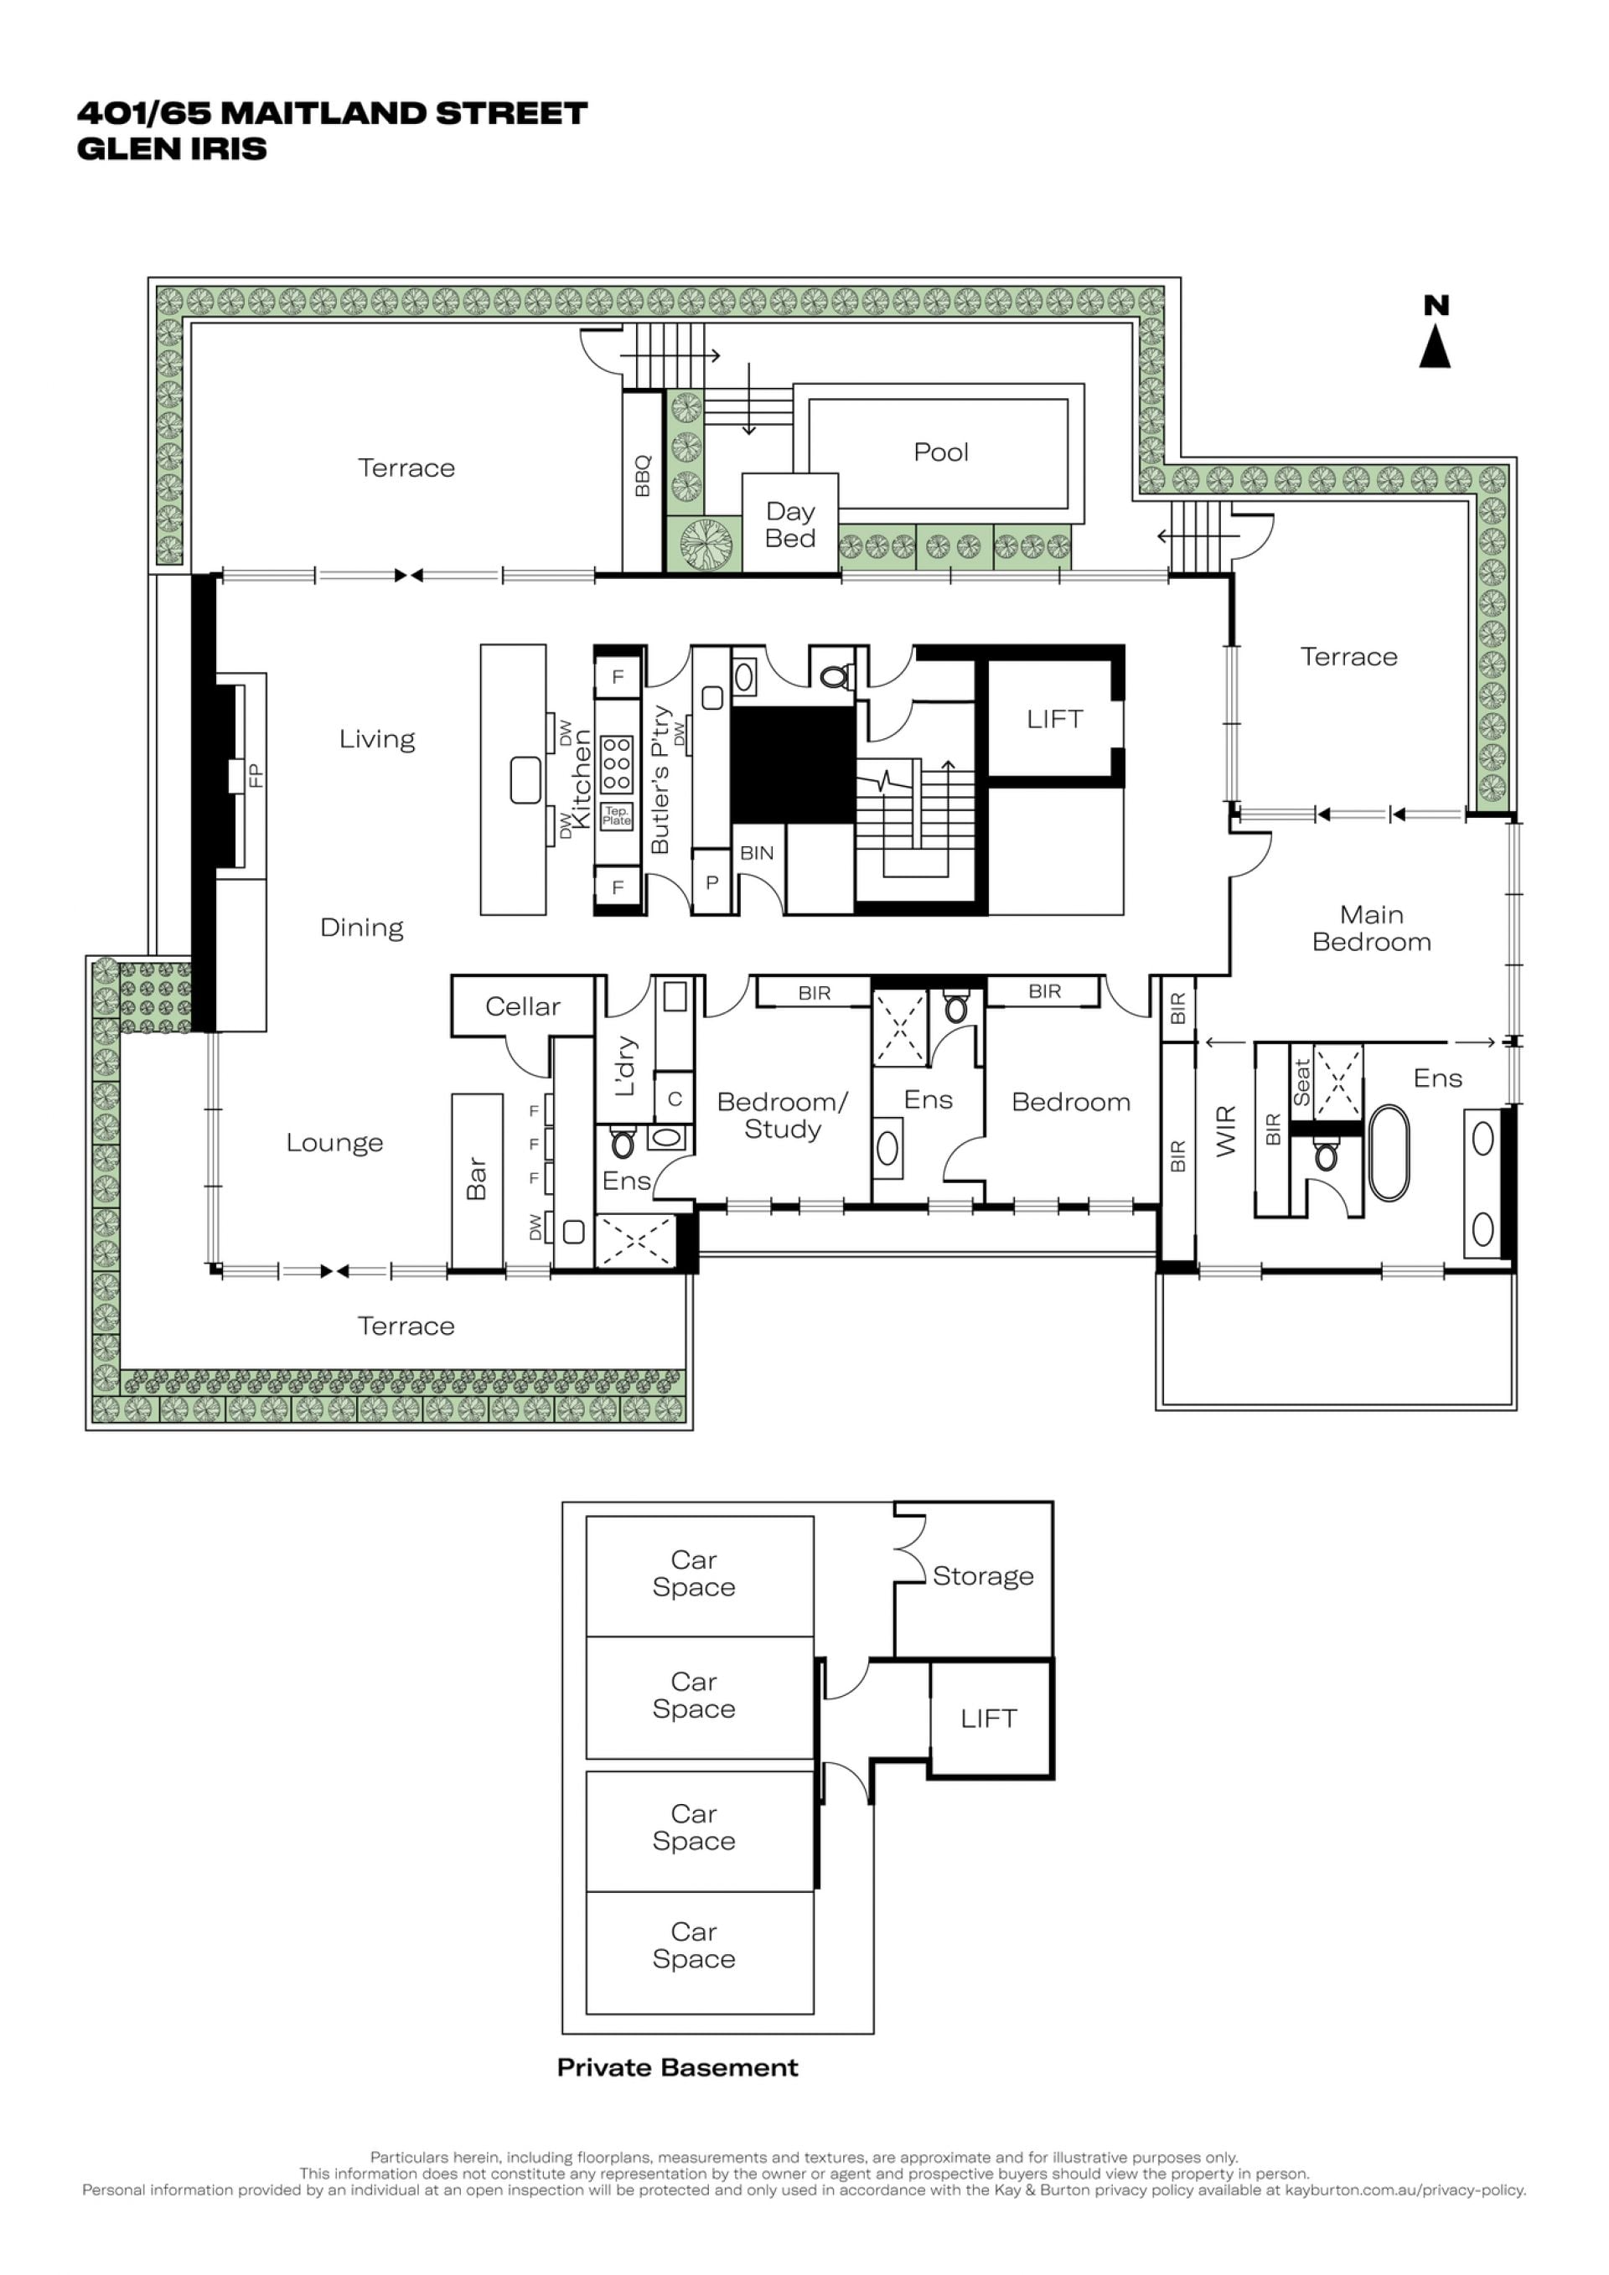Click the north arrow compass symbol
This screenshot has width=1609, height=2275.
(x=1436, y=332)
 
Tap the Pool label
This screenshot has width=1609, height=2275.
(x=940, y=452)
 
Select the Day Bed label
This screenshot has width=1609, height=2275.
(x=789, y=525)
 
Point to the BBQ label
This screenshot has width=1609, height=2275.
(x=643, y=476)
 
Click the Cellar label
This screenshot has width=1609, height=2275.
(x=522, y=1006)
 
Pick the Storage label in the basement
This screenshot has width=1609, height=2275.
(x=983, y=1575)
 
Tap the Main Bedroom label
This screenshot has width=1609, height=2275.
(x=1371, y=928)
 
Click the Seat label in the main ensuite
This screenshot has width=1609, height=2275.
(x=1301, y=1083)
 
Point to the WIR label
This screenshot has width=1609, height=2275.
(x=1227, y=1131)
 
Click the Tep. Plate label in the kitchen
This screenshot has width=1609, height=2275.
(x=616, y=816)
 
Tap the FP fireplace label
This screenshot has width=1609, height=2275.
(x=256, y=775)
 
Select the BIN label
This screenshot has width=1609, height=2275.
(x=756, y=853)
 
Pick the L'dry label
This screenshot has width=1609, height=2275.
(x=624, y=1066)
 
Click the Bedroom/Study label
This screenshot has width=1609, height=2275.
(x=782, y=1115)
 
